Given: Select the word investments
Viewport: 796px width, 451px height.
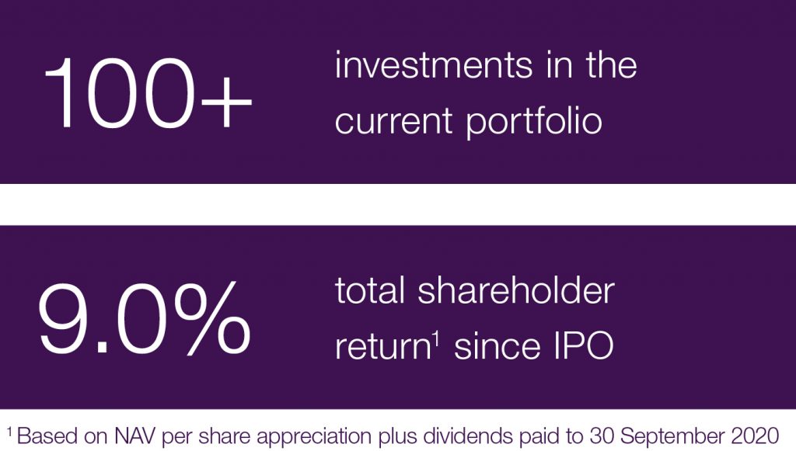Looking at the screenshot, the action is click(x=434, y=65).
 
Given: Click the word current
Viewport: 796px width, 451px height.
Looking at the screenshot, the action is click(x=393, y=122).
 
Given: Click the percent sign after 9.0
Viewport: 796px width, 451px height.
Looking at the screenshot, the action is click(x=212, y=318).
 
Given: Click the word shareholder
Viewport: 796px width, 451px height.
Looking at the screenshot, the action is click(x=516, y=291).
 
